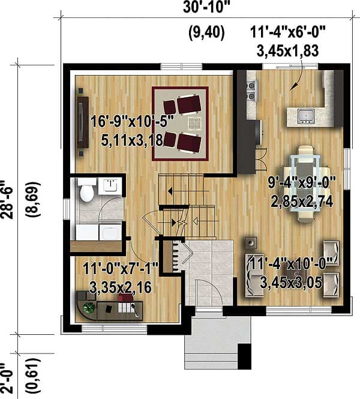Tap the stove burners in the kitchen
coord(251,90)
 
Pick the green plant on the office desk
coord(89,308)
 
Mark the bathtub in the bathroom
coord(96,232)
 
